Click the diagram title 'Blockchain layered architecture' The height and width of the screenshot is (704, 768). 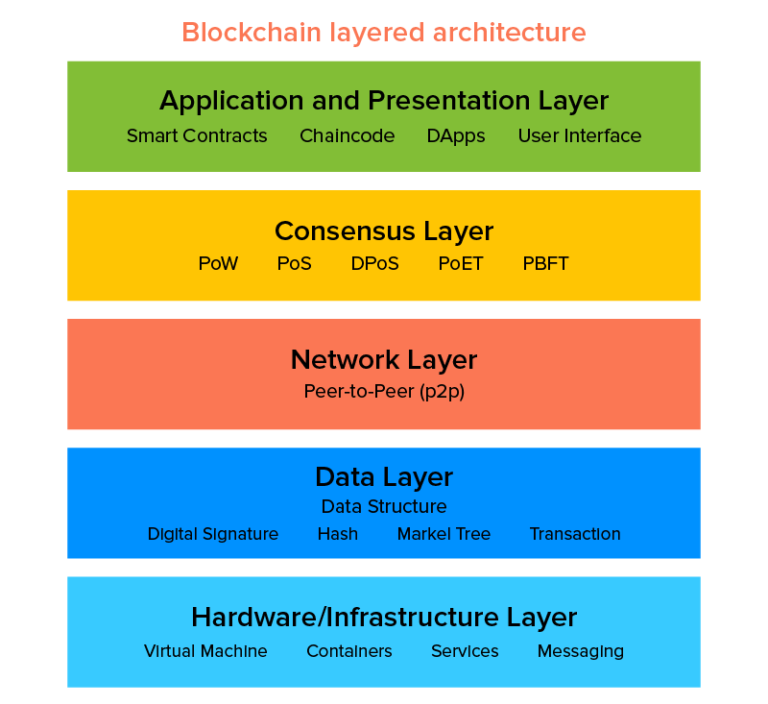click(x=384, y=32)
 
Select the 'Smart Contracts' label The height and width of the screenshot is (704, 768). click(x=197, y=136)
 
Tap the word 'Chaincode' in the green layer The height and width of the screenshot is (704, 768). click(x=347, y=136)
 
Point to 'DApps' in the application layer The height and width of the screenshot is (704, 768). click(x=456, y=136)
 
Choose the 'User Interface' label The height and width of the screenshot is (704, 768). click(x=579, y=136)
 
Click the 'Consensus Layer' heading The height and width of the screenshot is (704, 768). click(x=384, y=231)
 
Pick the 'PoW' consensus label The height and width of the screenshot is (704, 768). click(x=218, y=264)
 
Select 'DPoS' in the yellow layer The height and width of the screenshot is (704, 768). click(x=375, y=264)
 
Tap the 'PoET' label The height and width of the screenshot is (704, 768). click(x=461, y=264)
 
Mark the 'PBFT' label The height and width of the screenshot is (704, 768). click(x=546, y=264)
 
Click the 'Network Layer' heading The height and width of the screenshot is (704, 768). click(x=384, y=359)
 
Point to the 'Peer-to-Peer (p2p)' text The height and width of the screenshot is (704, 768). click(x=384, y=391)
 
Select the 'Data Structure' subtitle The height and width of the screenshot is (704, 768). click(x=384, y=507)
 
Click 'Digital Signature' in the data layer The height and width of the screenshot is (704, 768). click(x=213, y=534)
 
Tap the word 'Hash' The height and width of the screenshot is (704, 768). click(x=338, y=534)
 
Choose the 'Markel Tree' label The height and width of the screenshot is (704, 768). click(x=444, y=534)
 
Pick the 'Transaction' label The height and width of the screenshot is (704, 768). click(x=575, y=534)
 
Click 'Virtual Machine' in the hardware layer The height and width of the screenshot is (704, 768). click(x=206, y=651)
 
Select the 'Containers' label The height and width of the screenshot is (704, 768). click(x=349, y=651)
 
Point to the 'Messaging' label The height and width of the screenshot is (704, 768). click(x=580, y=651)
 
